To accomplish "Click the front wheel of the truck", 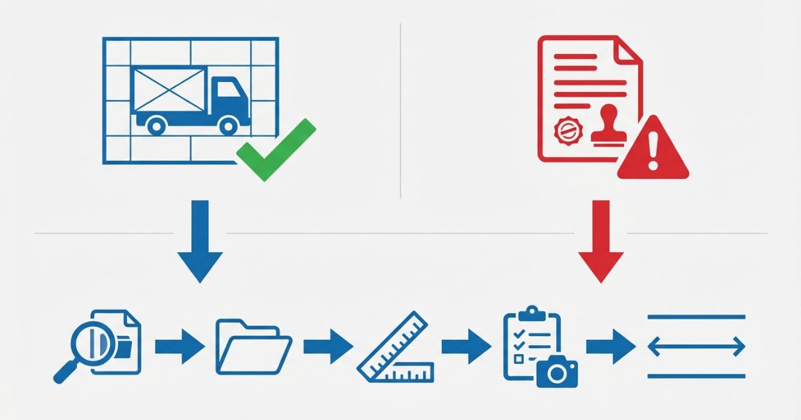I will pos(229,124).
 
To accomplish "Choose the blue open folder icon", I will pos(252,347).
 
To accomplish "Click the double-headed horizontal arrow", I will pos(696,347).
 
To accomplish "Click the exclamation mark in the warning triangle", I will pos(652,151).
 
